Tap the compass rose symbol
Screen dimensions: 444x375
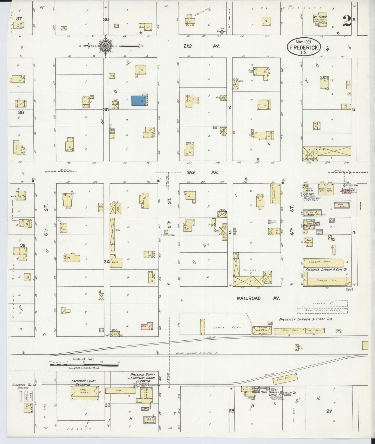click(106, 46)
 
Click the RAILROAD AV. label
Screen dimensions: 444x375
click(258, 298)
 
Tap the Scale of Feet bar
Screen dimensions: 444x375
click(84, 365)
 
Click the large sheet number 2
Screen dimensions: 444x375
click(347, 21)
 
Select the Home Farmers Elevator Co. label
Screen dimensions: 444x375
click(278, 393)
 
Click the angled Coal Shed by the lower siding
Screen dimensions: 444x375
click(285, 379)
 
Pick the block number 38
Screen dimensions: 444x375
click(21, 112)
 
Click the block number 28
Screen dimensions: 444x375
click(231, 411)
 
